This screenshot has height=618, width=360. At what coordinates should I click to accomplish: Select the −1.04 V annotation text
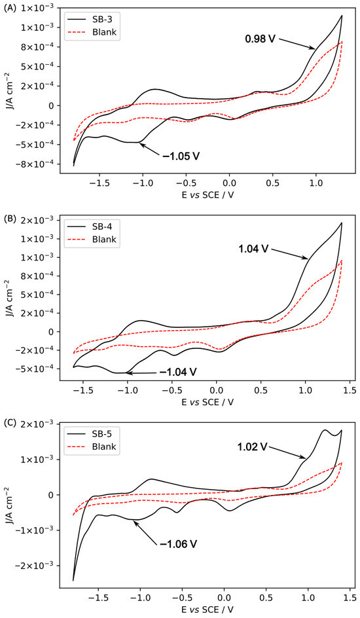pos(177,373)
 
